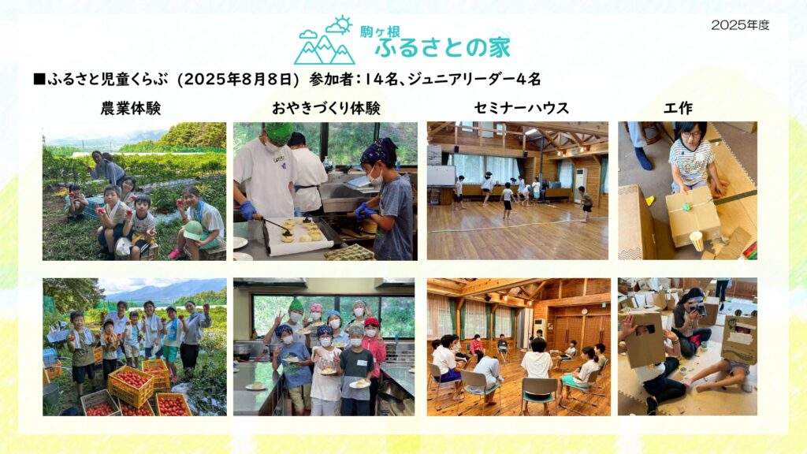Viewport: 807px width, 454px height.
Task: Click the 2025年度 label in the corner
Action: point(740,25)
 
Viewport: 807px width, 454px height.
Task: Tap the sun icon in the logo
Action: point(342,23)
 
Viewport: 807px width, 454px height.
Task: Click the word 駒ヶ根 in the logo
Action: point(380,32)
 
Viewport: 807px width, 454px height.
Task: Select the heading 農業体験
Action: point(131,108)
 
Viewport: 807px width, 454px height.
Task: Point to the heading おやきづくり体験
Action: point(325,108)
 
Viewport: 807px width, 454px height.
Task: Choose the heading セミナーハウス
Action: point(522,108)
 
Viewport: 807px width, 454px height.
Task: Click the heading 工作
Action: point(678,108)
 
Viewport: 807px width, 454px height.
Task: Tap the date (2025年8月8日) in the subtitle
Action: point(238,80)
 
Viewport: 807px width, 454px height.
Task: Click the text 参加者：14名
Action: point(354,80)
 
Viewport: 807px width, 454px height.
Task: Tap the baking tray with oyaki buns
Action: point(300,236)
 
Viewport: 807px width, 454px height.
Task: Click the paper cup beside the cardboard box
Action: point(696,241)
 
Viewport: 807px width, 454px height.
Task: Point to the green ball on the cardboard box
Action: point(686,207)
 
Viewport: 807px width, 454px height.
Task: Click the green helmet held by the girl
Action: point(194,230)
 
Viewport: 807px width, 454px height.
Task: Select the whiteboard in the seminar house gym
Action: point(441,176)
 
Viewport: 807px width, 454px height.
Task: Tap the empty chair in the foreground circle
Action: point(539,396)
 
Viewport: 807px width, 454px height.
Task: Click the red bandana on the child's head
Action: point(372,322)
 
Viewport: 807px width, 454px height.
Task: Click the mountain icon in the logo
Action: point(324,50)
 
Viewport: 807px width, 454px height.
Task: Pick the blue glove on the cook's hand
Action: point(247,210)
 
